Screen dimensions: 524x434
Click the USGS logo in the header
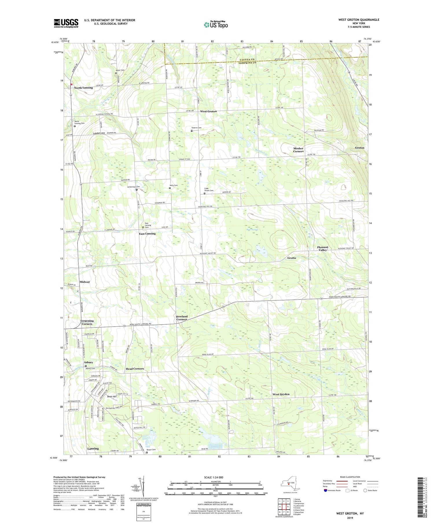66,23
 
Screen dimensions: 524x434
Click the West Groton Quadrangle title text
358,20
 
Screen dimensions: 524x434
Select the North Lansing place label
83,88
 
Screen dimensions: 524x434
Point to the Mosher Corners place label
298,150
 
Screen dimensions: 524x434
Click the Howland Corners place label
182,318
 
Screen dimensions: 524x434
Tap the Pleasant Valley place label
323,249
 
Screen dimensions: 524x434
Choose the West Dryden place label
281,394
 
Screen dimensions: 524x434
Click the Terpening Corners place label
87,322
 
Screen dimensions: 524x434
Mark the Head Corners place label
135,369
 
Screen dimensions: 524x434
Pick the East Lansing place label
147,234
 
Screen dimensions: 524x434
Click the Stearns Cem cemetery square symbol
192,131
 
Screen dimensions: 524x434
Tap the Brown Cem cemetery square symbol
147,453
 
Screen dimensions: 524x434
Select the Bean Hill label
112,397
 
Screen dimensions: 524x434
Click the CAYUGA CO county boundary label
247,60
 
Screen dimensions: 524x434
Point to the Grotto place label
292,258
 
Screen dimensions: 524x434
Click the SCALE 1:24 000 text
214,477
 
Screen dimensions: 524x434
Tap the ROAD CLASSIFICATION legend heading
350,477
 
